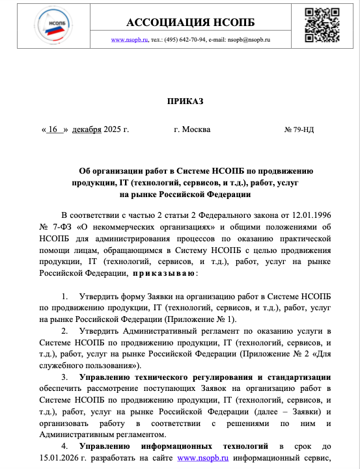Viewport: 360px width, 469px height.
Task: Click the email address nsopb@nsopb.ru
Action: point(249,40)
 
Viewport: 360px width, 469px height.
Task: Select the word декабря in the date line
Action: point(87,129)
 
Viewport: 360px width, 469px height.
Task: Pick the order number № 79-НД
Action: point(299,129)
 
